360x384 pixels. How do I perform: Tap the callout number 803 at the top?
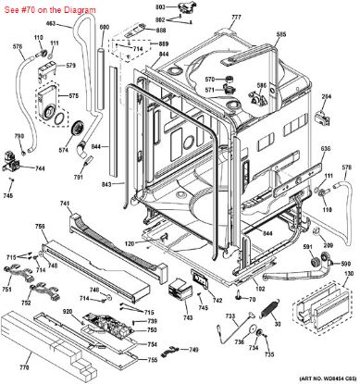click(x=159, y=6)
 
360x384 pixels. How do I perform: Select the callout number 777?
click(x=236, y=19)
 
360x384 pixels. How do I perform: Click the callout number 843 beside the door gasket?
click(x=106, y=184)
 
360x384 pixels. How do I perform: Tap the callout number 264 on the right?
click(x=326, y=95)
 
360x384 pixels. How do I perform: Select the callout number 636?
click(x=325, y=150)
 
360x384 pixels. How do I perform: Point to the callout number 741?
click(x=64, y=204)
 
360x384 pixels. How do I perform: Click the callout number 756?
click(x=41, y=227)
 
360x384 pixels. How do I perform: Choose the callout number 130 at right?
click(x=349, y=275)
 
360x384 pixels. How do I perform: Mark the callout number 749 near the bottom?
click(x=192, y=349)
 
